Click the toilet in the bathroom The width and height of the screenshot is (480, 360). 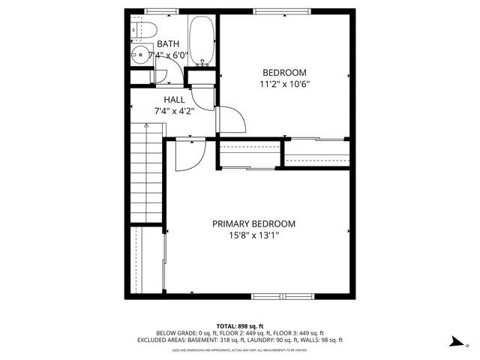(x=145, y=29)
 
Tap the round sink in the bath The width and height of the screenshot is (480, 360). (x=137, y=54)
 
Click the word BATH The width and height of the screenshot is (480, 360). (x=169, y=45)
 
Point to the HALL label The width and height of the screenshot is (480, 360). (x=174, y=100)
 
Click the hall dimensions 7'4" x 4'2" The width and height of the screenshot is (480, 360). (x=174, y=111)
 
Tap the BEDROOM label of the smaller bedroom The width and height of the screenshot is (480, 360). (x=283, y=73)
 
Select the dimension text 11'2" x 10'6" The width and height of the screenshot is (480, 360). (x=283, y=84)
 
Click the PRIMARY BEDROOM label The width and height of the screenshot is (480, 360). (x=253, y=223)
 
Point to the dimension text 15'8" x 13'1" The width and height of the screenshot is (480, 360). (x=253, y=235)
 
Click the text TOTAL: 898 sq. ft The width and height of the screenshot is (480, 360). (x=239, y=325)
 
